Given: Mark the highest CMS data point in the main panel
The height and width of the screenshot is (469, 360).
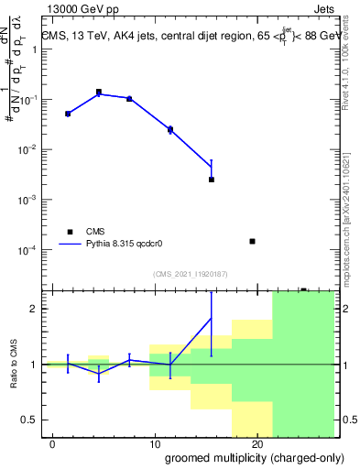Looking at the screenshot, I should point(99,92).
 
